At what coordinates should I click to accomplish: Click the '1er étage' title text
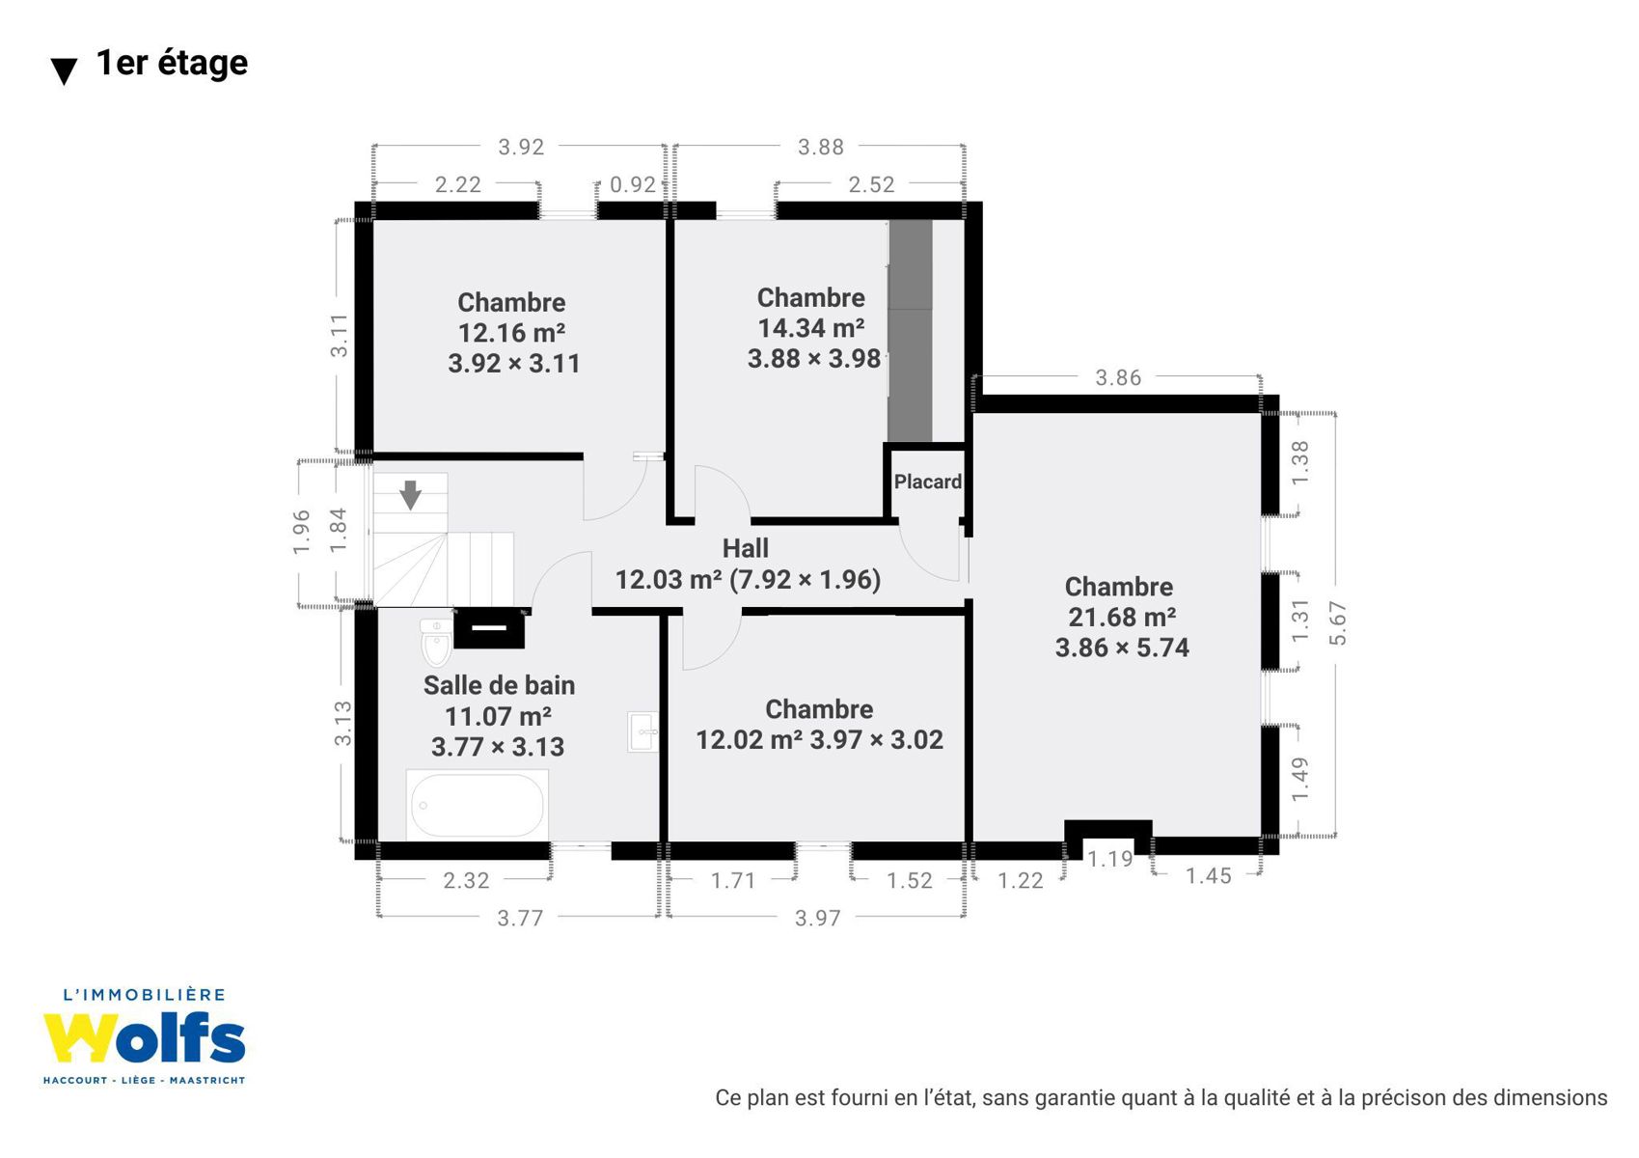[x=172, y=63]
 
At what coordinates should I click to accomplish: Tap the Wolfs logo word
[x=144, y=1037]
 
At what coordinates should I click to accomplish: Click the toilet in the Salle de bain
[x=436, y=642]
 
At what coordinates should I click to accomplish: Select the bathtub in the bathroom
[x=478, y=805]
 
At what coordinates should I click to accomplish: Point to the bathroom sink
[x=642, y=731]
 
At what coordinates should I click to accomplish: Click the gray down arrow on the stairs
[x=411, y=495]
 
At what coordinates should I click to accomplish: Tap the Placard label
[x=928, y=482]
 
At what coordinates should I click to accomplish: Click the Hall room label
[x=746, y=548]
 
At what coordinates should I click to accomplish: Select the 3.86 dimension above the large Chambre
[x=1117, y=377]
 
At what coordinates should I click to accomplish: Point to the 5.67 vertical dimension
[x=1337, y=623]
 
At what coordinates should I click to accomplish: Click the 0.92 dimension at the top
[x=632, y=184]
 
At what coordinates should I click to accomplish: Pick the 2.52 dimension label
[x=871, y=184]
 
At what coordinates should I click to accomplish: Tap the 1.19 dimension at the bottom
[x=1109, y=859]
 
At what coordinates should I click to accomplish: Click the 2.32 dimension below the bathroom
[x=466, y=880]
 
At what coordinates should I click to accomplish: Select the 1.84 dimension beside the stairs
[x=338, y=530]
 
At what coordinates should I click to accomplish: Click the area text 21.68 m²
[x=1122, y=617]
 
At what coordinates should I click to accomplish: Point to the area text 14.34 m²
[x=810, y=328]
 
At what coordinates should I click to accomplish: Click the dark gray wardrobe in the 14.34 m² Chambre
[x=911, y=331]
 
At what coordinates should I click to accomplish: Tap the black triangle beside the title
[x=64, y=71]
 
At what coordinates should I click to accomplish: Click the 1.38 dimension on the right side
[x=1299, y=462]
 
